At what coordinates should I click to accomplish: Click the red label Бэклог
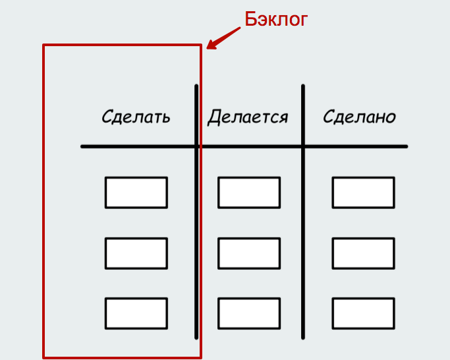pos(276,19)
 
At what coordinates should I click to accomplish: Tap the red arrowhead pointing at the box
pos(211,45)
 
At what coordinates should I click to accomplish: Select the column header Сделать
pos(136,117)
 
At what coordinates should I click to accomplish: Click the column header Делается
pos(248,117)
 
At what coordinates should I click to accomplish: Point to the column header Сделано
pos(359,117)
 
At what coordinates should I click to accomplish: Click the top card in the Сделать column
pos(136,193)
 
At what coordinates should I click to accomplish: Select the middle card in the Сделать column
pos(136,253)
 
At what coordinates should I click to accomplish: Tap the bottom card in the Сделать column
pos(136,313)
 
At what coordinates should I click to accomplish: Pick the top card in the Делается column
pos(249,193)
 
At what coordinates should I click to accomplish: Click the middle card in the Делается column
pos(249,253)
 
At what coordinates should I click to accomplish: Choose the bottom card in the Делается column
pos(249,313)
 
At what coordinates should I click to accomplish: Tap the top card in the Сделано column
pos(363,193)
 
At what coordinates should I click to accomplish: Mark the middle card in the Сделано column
pos(363,253)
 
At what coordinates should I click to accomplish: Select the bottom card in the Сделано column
pos(363,313)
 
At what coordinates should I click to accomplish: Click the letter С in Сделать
pos(107,117)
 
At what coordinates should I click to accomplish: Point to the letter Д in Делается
pos(214,117)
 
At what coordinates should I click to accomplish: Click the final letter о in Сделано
pos(391,118)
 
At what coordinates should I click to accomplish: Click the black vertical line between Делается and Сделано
pos(303,251)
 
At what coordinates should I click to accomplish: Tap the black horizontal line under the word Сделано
pos(359,146)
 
